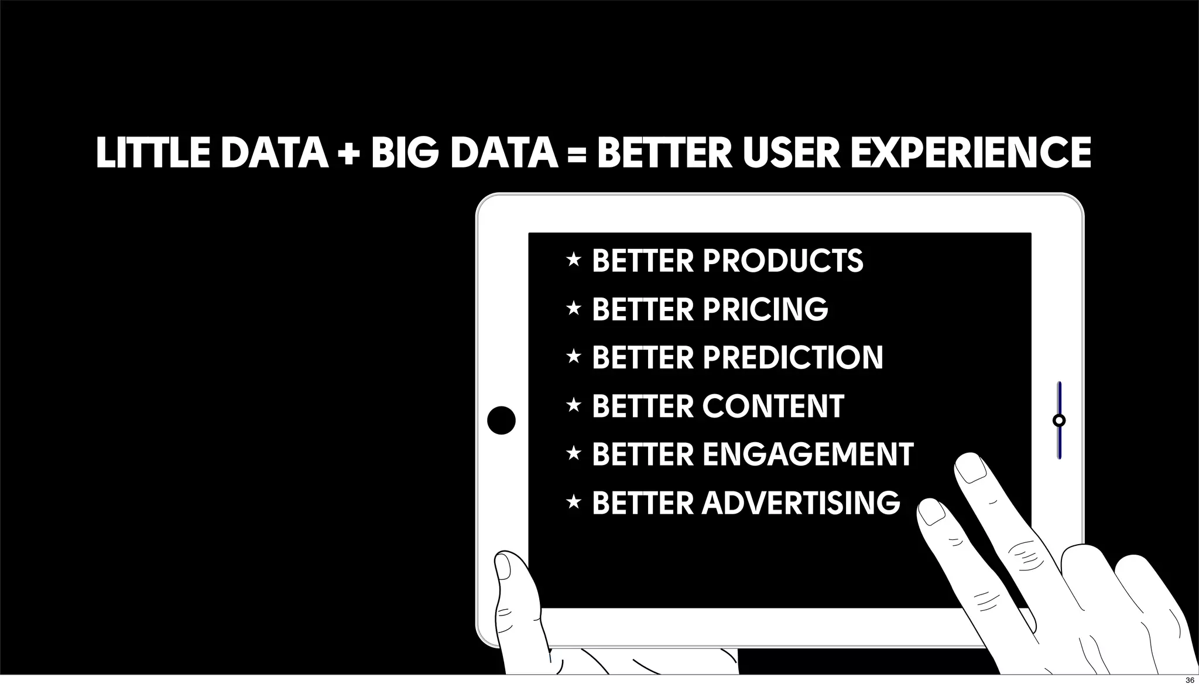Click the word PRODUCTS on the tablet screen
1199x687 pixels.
pyautogui.click(x=783, y=261)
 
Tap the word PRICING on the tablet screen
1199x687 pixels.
pyautogui.click(x=765, y=309)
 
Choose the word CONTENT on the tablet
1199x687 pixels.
pyautogui.click(x=773, y=406)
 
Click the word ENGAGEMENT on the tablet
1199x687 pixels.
pyautogui.click(x=808, y=454)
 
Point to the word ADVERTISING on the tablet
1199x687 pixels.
pyautogui.click(x=801, y=503)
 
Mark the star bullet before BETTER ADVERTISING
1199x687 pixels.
pyautogui.click(x=574, y=501)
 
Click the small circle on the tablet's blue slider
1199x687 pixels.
pyautogui.click(x=1058, y=420)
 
